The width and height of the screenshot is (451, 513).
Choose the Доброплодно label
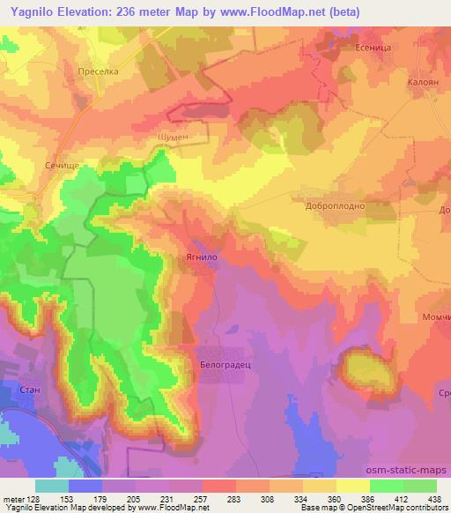pyautogui.click(x=336, y=204)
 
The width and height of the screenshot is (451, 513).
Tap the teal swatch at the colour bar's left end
pyautogui.click(x=52, y=485)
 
